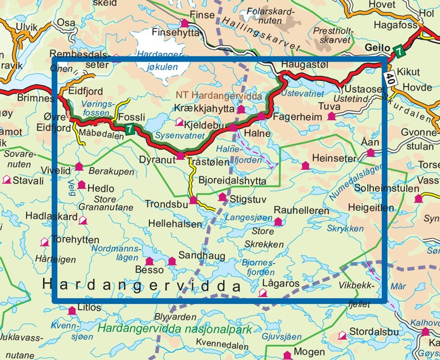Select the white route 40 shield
click(x=389, y=77)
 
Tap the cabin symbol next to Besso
click(x=148, y=261)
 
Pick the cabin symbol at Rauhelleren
click(x=278, y=221)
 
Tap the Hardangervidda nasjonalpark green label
click(x=175, y=330)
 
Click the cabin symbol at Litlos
click(x=71, y=311)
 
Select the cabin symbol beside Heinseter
click(x=305, y=165)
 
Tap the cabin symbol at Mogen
click(x=287, y=355)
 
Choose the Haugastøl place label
click(x=301, y=64)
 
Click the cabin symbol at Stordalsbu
click(x=343, y=334)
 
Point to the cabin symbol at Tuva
click(x=331, y=116)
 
